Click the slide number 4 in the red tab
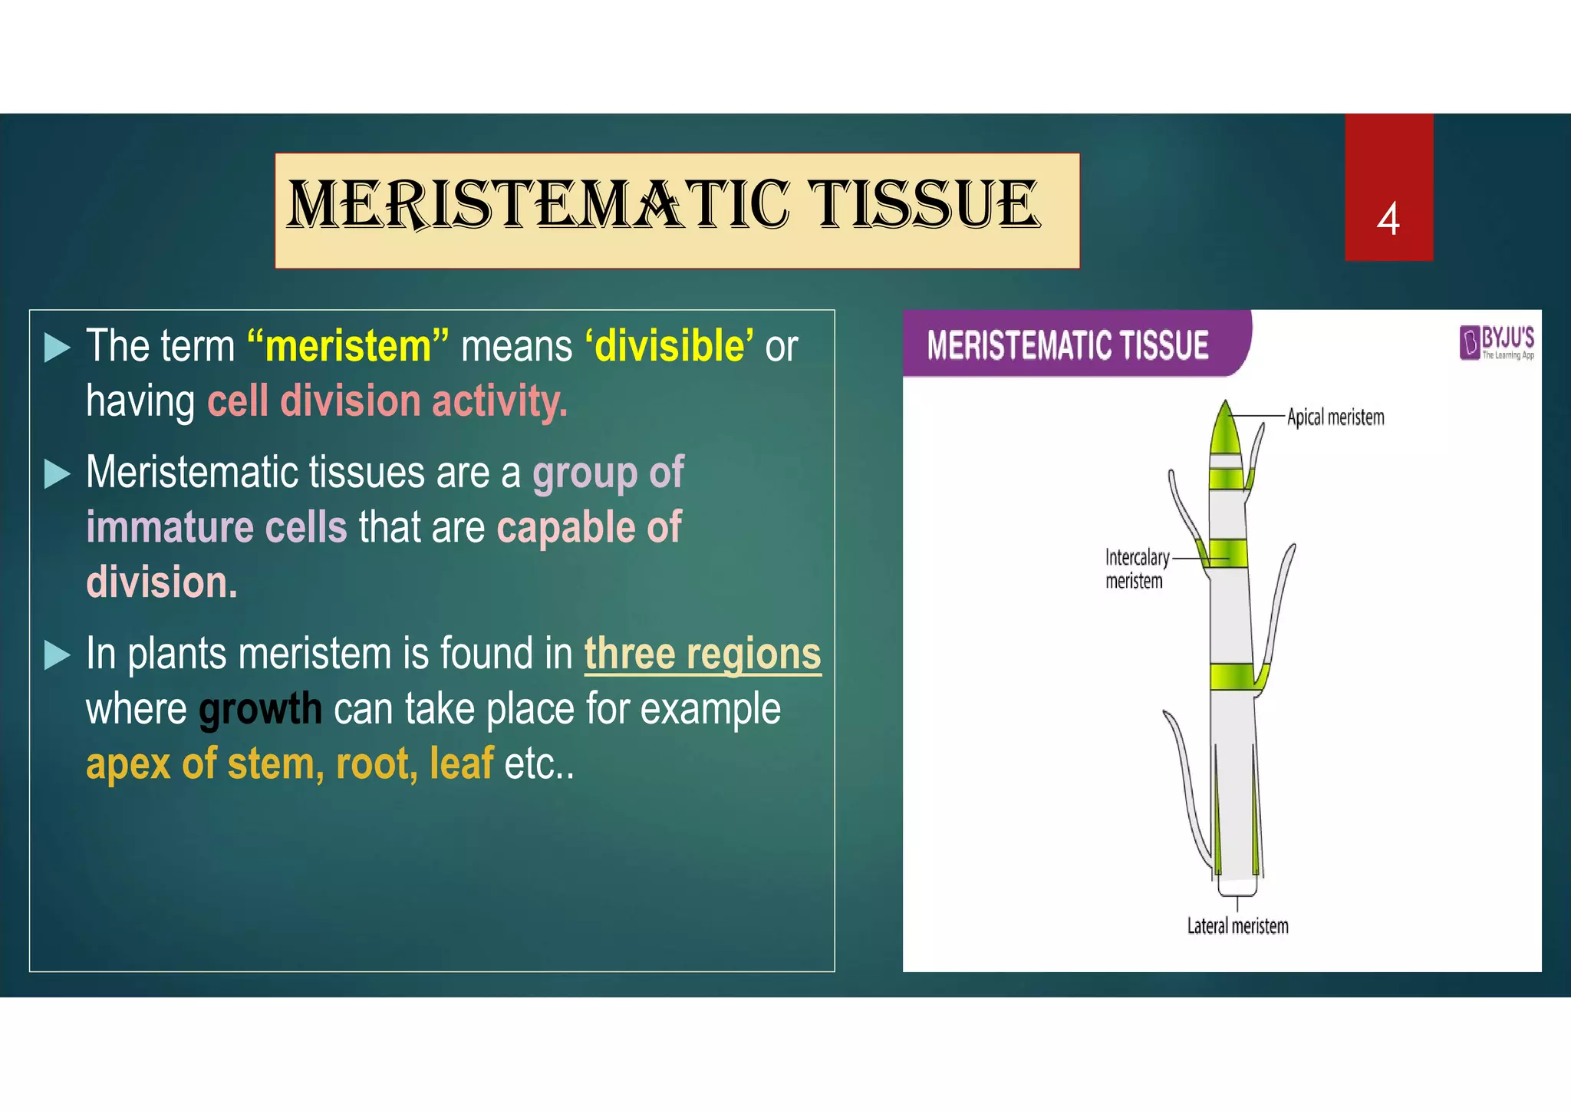[1388, 219]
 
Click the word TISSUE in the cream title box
[925, 205]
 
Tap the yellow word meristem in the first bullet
[349, 346]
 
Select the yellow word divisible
[669, 346]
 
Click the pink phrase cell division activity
[387, 401]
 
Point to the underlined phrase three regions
[702, 654]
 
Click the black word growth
[260, 709]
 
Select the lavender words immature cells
[216, 528]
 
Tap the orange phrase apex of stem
[200, 764]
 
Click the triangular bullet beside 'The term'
[58, 348]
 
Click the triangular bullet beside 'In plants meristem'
[58, 655]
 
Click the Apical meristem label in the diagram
[1336, 417]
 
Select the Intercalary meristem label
[1136, 569]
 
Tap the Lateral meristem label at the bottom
[1237, 926]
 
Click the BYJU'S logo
[1496, 343]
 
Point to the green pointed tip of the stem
[1224, 430]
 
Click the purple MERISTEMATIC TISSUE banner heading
[1067, 345]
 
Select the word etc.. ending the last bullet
[538, 764]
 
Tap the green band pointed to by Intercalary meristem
[1227, 552]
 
